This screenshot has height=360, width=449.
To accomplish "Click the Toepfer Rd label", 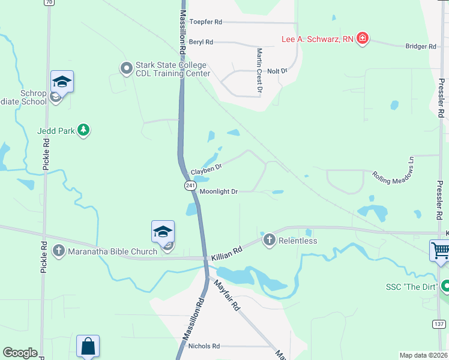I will [205, 22].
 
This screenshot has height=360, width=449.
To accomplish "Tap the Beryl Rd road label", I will [201, 43].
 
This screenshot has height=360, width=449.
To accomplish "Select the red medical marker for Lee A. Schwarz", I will [362, 40].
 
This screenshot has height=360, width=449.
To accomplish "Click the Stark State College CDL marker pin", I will [126, 68].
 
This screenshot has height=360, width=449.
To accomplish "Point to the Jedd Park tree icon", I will [84, 130].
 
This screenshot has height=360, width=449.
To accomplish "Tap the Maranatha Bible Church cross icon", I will [59, 251].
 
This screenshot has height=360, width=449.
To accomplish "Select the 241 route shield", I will [190, 186].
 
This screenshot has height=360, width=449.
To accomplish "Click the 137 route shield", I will [439, 324].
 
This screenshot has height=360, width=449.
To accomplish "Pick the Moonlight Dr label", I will [219, 192].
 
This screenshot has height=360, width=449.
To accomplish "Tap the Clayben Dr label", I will [206, 170].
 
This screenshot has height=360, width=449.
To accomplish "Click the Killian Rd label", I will [226, 253].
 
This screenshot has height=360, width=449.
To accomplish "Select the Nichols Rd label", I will [204, 346].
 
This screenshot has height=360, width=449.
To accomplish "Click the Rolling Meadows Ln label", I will [394, 170].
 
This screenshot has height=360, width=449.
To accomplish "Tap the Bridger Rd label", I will [420, 46].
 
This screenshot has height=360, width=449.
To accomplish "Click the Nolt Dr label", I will [277, 71].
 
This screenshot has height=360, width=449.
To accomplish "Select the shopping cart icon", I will [441, 250].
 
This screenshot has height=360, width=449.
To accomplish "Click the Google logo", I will [20, 353].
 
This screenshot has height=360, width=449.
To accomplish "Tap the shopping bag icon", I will [88, 346].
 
